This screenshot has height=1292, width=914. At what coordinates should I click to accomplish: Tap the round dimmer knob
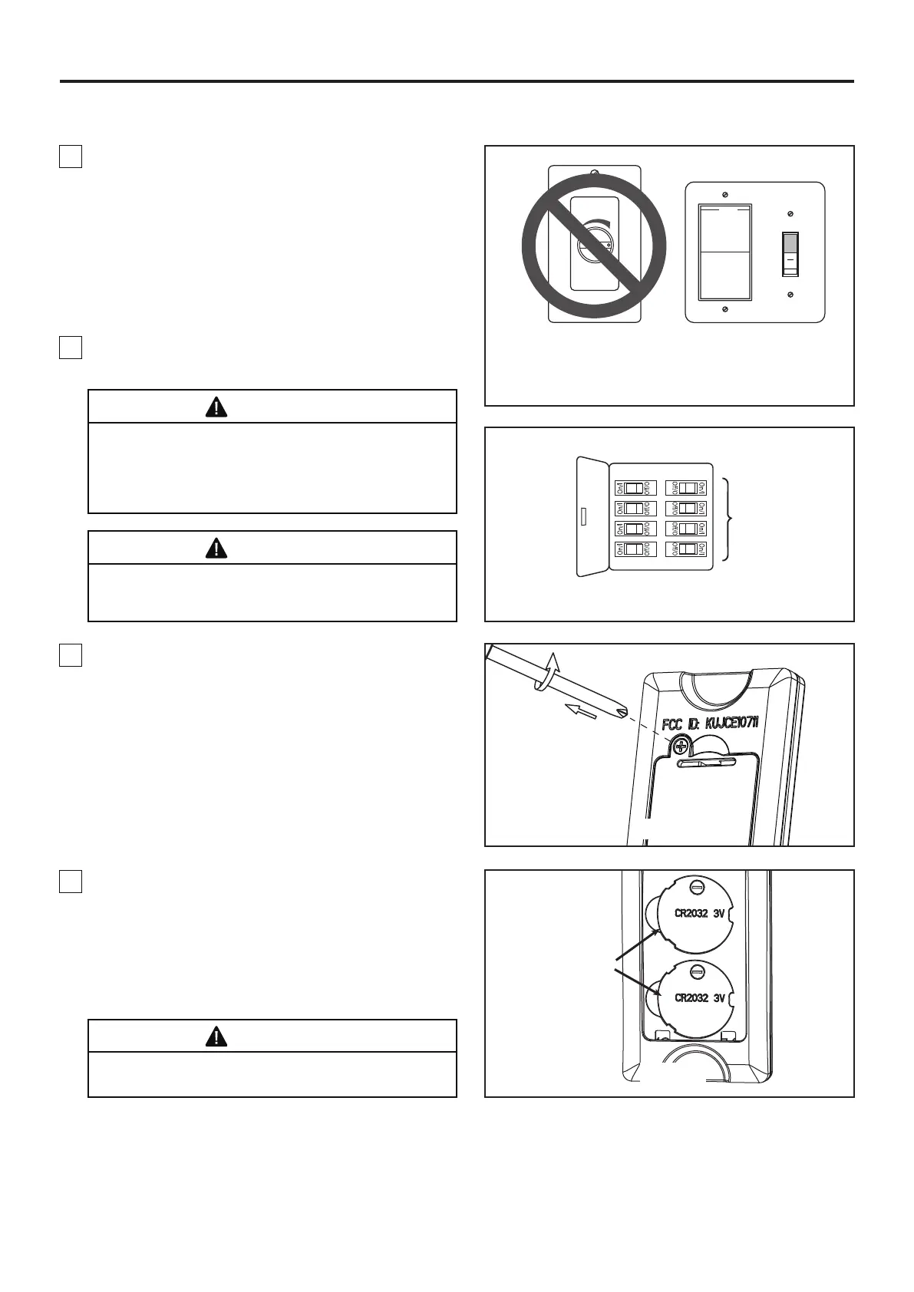(595, 241)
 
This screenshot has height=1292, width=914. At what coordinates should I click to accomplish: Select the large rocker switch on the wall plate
(725, 251)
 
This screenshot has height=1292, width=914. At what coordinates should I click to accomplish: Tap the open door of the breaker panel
(592, 516)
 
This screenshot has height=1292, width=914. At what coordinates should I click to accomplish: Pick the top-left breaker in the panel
(634, 488)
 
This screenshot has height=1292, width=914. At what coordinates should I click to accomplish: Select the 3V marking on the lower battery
(719, 998)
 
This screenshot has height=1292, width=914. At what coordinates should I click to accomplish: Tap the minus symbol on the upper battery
(697, 888)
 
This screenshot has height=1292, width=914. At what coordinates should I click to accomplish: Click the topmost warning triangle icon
(216, 407)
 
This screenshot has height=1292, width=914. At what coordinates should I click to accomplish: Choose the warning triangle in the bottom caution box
(216, 1037)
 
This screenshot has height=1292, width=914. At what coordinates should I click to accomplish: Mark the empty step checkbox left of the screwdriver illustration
(70, 654)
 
